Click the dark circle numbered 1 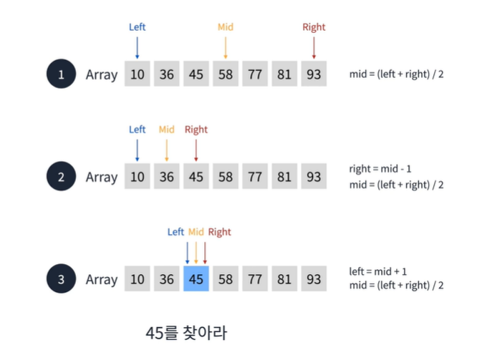[62, 74]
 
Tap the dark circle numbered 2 [62, 177]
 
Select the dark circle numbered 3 [62, 279]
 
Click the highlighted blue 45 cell [196, 279]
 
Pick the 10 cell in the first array [137, 74]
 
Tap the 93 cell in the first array [314, 74]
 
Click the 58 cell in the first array [226, 74]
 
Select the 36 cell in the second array [166, 177]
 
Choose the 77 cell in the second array [255, 177]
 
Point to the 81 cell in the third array [284, 279]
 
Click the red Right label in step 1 [314, 27]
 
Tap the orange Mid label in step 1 [226, 27]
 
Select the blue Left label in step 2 [137, 130]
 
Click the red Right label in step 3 [219, 232]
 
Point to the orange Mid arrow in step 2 [166, 150]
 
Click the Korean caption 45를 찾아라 [185, 333]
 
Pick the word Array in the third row [102, 279]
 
